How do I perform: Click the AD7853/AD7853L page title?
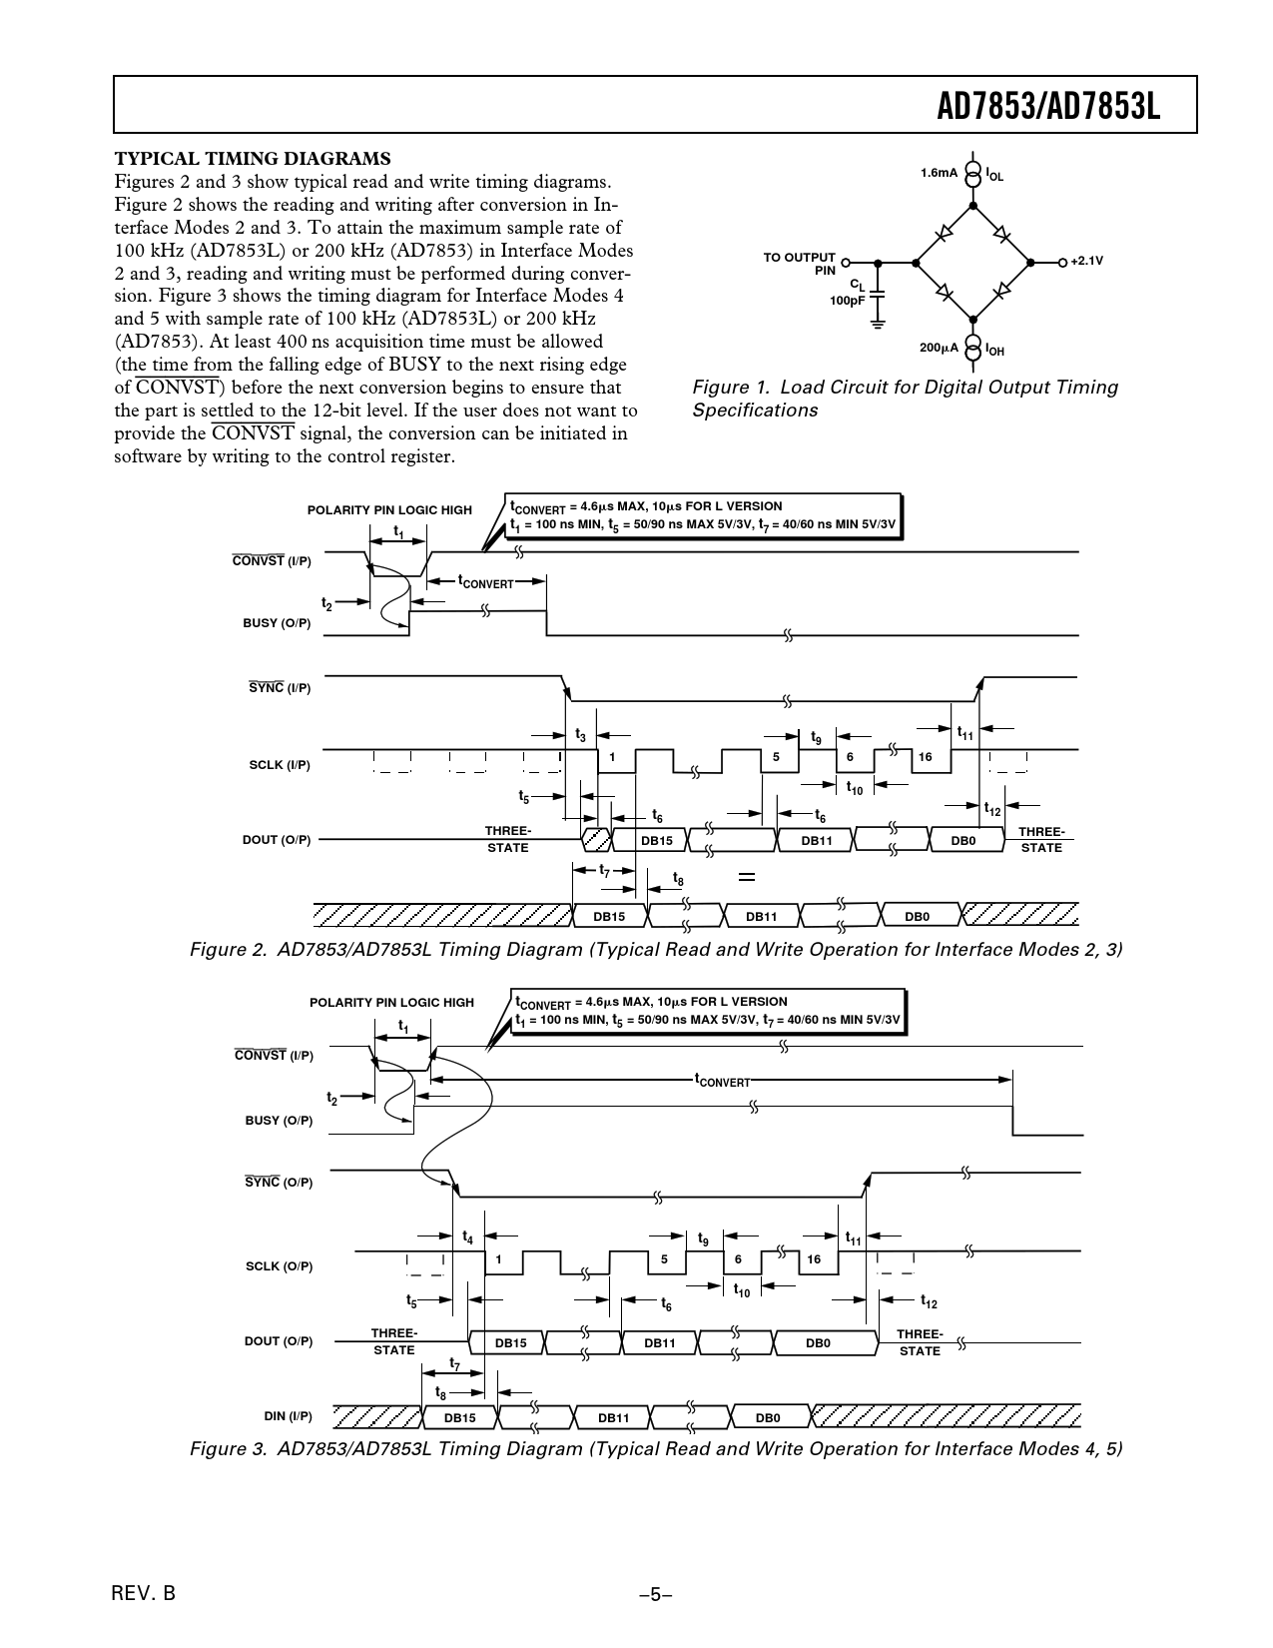click(x=1049, y=106)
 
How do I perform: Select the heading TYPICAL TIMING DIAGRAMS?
click(x=253, y=159)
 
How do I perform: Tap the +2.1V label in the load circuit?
click(x=1086, y=261)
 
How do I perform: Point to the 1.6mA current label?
click(x=939, y=173)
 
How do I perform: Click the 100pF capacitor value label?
click(x=847, y=300)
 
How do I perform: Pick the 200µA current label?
click(x=939, y=348)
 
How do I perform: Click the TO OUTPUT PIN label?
click(x=800, y=264)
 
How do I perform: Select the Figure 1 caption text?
click(x=905, y=399)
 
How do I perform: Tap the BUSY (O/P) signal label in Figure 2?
click(x=277, y=623)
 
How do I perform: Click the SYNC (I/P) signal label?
click(x=280, y=688)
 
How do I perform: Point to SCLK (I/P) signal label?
click(x=280, y=765)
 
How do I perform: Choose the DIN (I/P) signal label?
click(x=288, y=1416)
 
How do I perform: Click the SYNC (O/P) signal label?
click(x=279, y=1183)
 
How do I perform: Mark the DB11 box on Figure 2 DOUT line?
click(x=817, y=841)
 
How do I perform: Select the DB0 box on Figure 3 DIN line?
click(x=767, y=1418)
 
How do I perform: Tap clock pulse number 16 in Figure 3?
click(x=814, y=1259)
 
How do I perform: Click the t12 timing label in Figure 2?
click(x=991, y=810)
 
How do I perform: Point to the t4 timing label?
click(x=467, y=1237)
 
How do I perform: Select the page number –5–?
click(x=656, y=1595)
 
